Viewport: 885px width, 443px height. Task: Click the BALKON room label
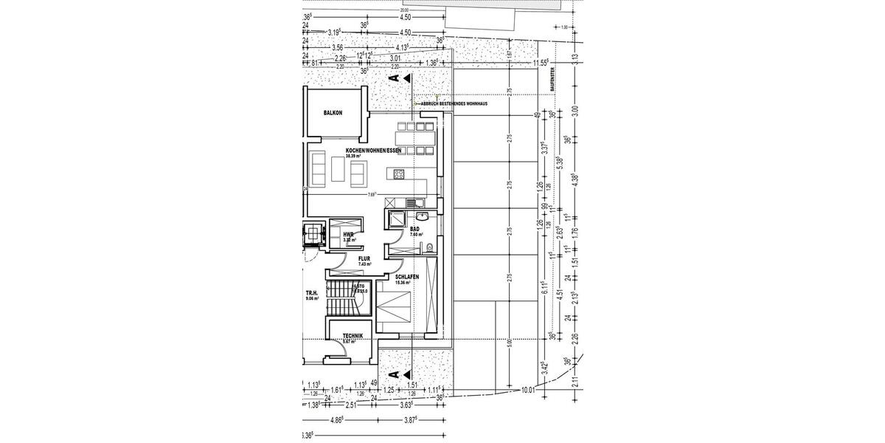335,113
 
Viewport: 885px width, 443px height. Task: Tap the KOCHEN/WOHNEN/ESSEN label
374,151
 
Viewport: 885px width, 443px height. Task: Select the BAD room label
414,230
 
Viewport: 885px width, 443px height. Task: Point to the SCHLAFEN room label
406,277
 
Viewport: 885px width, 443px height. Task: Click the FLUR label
364,259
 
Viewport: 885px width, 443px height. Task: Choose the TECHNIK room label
343,336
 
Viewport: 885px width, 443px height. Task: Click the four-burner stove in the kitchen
398,175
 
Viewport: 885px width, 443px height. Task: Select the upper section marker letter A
394,77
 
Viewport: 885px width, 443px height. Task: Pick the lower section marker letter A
394,375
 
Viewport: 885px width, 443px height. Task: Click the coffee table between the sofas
338,171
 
